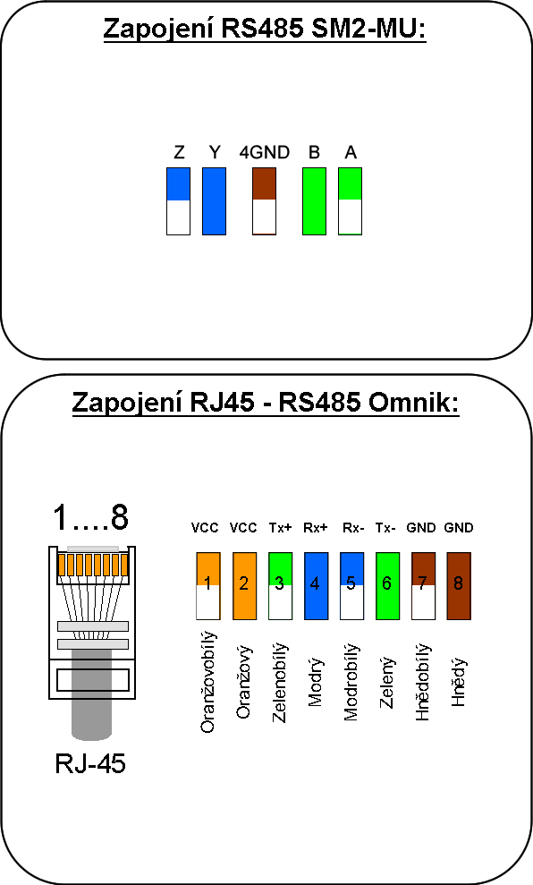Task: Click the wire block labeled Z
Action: point(178,201)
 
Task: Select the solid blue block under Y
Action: point(215,201)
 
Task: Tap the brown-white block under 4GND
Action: point(264,201)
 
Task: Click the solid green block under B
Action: point(314,201)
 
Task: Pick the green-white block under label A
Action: point(351,201)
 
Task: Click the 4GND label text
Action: point(264,152)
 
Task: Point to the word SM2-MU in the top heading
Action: point(368,29)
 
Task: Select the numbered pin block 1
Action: point(208,586)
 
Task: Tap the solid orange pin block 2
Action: point(243,586)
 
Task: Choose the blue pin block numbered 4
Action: point(316,586)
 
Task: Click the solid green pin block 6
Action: point(387,586)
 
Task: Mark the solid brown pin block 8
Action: point(459,586)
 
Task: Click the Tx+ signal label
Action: point(280,528)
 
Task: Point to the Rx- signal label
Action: point(353,528)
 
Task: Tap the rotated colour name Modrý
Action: point(316,682)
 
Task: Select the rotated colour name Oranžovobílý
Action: point(208,682)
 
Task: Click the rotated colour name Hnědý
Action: point(459,682)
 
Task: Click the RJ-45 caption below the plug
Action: point(90,763)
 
